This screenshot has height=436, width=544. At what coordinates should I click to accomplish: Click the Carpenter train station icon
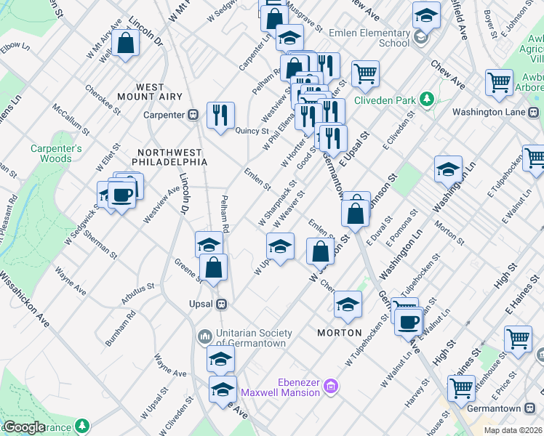pyautogui.click(x=194, y=114)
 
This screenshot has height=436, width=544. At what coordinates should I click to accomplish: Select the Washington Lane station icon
pyautogui.click(x=534, y=113)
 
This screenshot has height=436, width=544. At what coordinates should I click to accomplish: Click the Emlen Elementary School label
pyautogui.click(x=369, y=38)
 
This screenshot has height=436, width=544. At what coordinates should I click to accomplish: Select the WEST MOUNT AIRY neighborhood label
pyautogui.click(x=150, y=92)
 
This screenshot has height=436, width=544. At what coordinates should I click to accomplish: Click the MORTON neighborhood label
pyautogui.click(x=340, y=332)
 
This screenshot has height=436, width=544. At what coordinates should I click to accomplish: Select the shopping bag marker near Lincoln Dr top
pyautogui.click(x=126, y=43)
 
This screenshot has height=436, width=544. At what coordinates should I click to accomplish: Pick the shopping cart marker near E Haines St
pyautogui.click(x=518, y=338)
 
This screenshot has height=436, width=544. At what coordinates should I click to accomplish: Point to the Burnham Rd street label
pyautogui.click(x=121, y=328)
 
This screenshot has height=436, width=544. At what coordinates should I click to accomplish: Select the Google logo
pyautogui.click(x=23, y=427)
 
